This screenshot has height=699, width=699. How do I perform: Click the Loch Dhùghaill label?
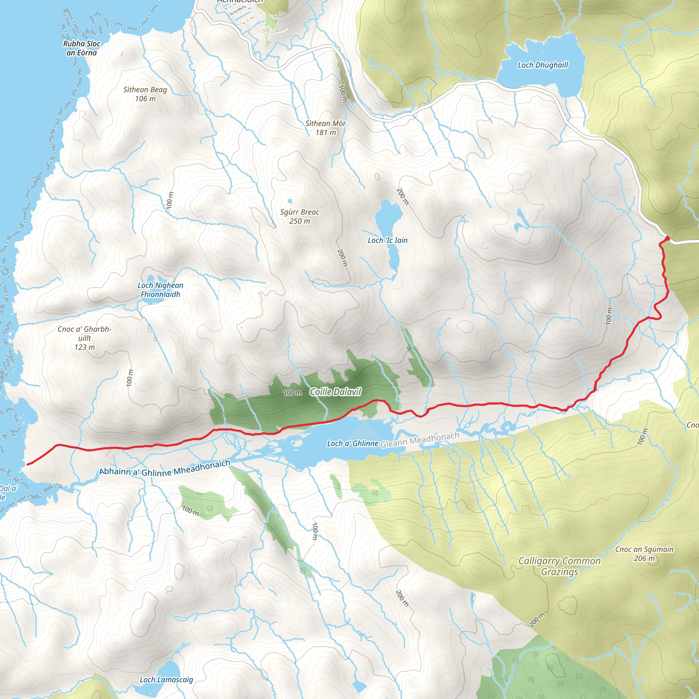click(543, 65)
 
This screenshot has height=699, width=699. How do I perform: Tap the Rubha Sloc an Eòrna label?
click(82, 48)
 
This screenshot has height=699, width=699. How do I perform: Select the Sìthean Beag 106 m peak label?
click(145, 94)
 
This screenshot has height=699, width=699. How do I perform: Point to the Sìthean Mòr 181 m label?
click(326, 128)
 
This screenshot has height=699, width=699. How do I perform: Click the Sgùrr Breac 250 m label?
click(300, 216)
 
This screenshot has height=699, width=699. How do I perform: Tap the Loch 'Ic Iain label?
click(387, 240)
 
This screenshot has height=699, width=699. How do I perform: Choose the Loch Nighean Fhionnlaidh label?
click(160, 290)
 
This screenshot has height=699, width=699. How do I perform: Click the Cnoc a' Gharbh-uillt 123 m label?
click(85, 338)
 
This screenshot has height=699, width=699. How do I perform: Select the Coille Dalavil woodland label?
click(336, 392)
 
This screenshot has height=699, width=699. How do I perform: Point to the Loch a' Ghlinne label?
click(352, 444)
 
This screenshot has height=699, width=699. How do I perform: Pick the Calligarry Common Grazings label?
click(559, 566)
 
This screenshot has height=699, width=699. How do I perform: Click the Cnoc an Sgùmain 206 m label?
click(644, 554)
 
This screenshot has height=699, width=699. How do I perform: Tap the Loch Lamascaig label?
click(167, 680)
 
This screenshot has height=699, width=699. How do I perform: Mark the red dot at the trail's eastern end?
click(668, 238)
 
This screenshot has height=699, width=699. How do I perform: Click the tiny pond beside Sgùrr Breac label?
click(290, 201)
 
